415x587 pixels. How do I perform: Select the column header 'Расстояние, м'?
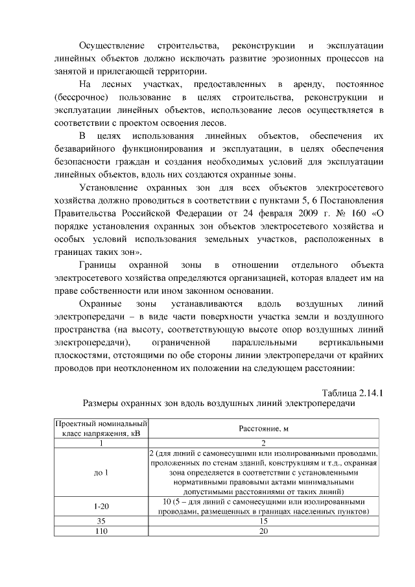(x=263, y=429)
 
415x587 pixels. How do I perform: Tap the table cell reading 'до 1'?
(x=101, y=473)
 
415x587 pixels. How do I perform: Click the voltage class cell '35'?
(x=101, y=521)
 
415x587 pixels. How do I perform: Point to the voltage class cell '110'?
(x=101, y=531)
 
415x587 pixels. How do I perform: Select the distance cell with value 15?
(x=263, y=521)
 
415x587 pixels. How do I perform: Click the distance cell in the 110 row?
(x=263, y=531)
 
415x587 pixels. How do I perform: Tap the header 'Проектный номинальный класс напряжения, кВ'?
(x=101, y=429)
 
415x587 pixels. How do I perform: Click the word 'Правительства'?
(x=84, y=213)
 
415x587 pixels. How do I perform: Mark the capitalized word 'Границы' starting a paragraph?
(x=98, y=265)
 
